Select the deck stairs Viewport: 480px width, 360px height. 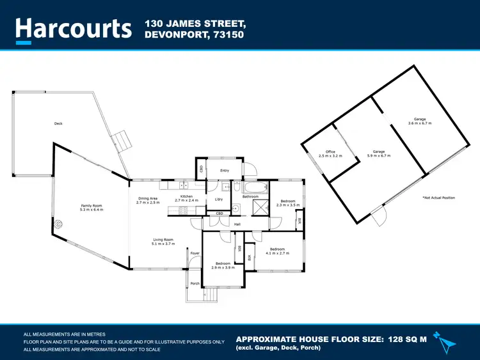click(x=120, y=141)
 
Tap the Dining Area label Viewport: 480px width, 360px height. click(x=148, y=199)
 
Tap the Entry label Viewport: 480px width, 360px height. click(x=225, y=171)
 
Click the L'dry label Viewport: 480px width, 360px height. click(x=219, y=200)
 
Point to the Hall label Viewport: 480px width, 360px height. click(x=237, y=224)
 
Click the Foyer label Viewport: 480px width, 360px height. click(x=195, y=254)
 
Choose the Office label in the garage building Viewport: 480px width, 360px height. click(x=331, y=152)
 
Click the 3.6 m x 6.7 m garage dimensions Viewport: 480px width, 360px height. click(x=420, y=123)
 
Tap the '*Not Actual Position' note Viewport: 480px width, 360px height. click(x=438, y=198)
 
